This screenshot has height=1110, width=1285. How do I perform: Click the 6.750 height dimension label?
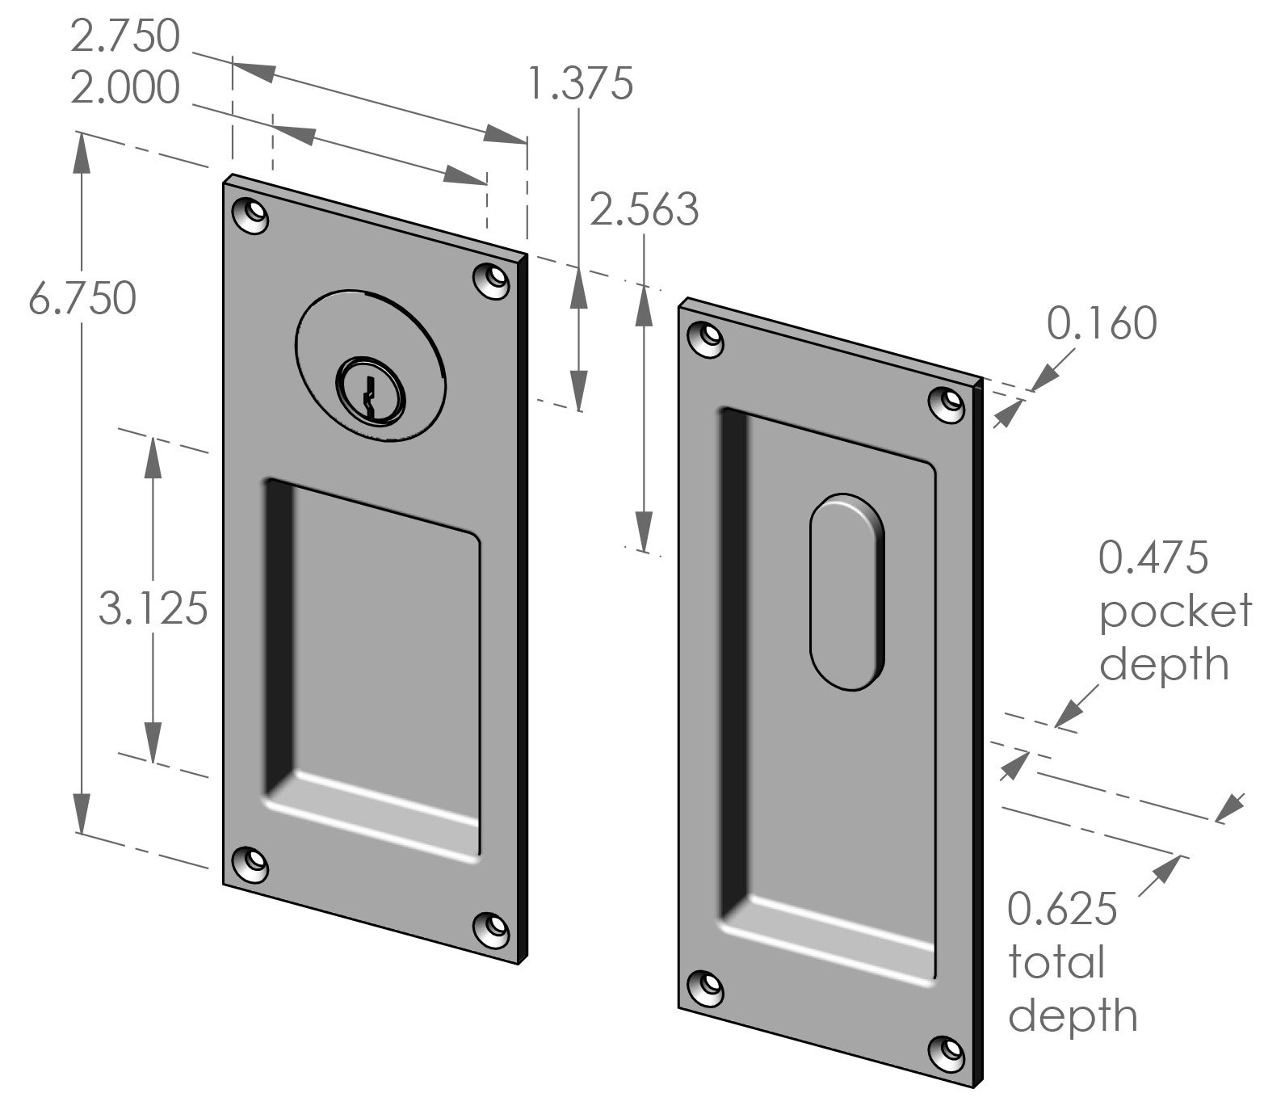(x=82, y=300)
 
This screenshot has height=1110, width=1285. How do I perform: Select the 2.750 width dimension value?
(x=124, y=37)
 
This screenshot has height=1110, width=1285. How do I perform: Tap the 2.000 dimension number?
(x=124, y=88)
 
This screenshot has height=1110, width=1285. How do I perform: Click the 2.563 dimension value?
(x=644, y=210)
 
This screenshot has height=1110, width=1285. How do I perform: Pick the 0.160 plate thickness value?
(x=1102, y=324)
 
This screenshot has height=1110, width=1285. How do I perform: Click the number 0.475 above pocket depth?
(x=1153, y=558)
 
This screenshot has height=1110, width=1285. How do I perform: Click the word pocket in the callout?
(x=1175, y=612)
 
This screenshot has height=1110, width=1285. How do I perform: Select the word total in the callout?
(x=1056, y=963)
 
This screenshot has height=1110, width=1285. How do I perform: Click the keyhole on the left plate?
(x=371, y=390)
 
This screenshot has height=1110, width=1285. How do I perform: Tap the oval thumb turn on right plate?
(x=846, y=591)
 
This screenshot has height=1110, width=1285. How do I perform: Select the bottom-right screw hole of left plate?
(x=493, y=931)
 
